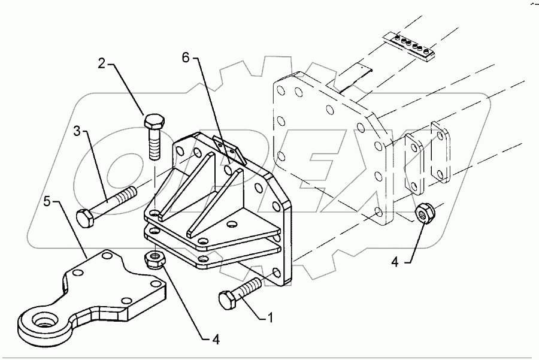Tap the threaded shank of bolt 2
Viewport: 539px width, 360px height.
[x=154, y=147]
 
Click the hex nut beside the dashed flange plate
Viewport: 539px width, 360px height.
[x=426, y=213]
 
